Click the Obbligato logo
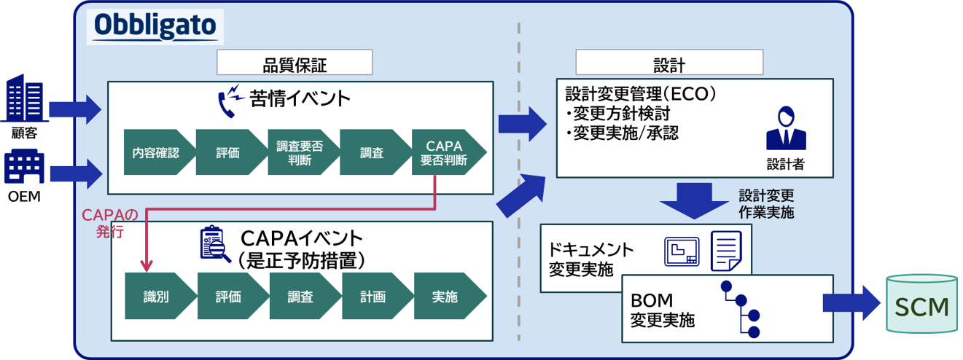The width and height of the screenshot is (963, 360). (155, 26)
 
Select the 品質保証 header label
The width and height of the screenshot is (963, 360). (295, 63)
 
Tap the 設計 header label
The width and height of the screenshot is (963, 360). (668, 63)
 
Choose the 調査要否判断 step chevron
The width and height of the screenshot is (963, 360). (299, 152)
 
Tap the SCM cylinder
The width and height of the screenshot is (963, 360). (921, 305)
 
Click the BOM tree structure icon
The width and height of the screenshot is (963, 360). (742, 310)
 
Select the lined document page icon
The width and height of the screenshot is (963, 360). (725, 251)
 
